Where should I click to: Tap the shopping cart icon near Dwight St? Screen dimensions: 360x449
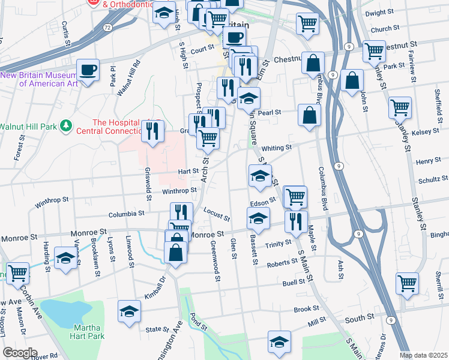(307, 24)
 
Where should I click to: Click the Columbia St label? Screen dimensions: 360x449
(126, 214)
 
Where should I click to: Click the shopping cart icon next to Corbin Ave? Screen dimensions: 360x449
(18, 274)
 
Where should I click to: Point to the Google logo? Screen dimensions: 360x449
(19, 353)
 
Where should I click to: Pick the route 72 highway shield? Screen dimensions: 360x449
(106, 28)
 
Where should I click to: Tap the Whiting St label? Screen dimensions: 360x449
(277, 147)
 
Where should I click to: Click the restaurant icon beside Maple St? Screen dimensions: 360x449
(296, 221)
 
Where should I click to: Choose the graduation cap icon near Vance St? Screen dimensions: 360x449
(65, 259)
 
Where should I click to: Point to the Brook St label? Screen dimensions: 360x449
(306, 309)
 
